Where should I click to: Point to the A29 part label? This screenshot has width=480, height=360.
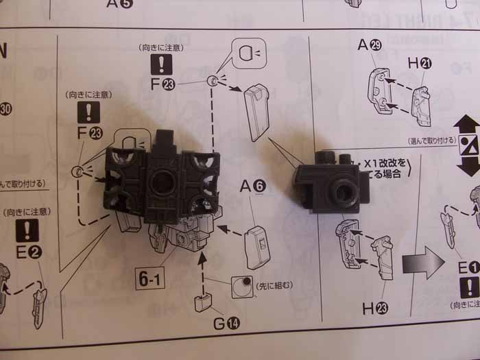coord(370,46)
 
